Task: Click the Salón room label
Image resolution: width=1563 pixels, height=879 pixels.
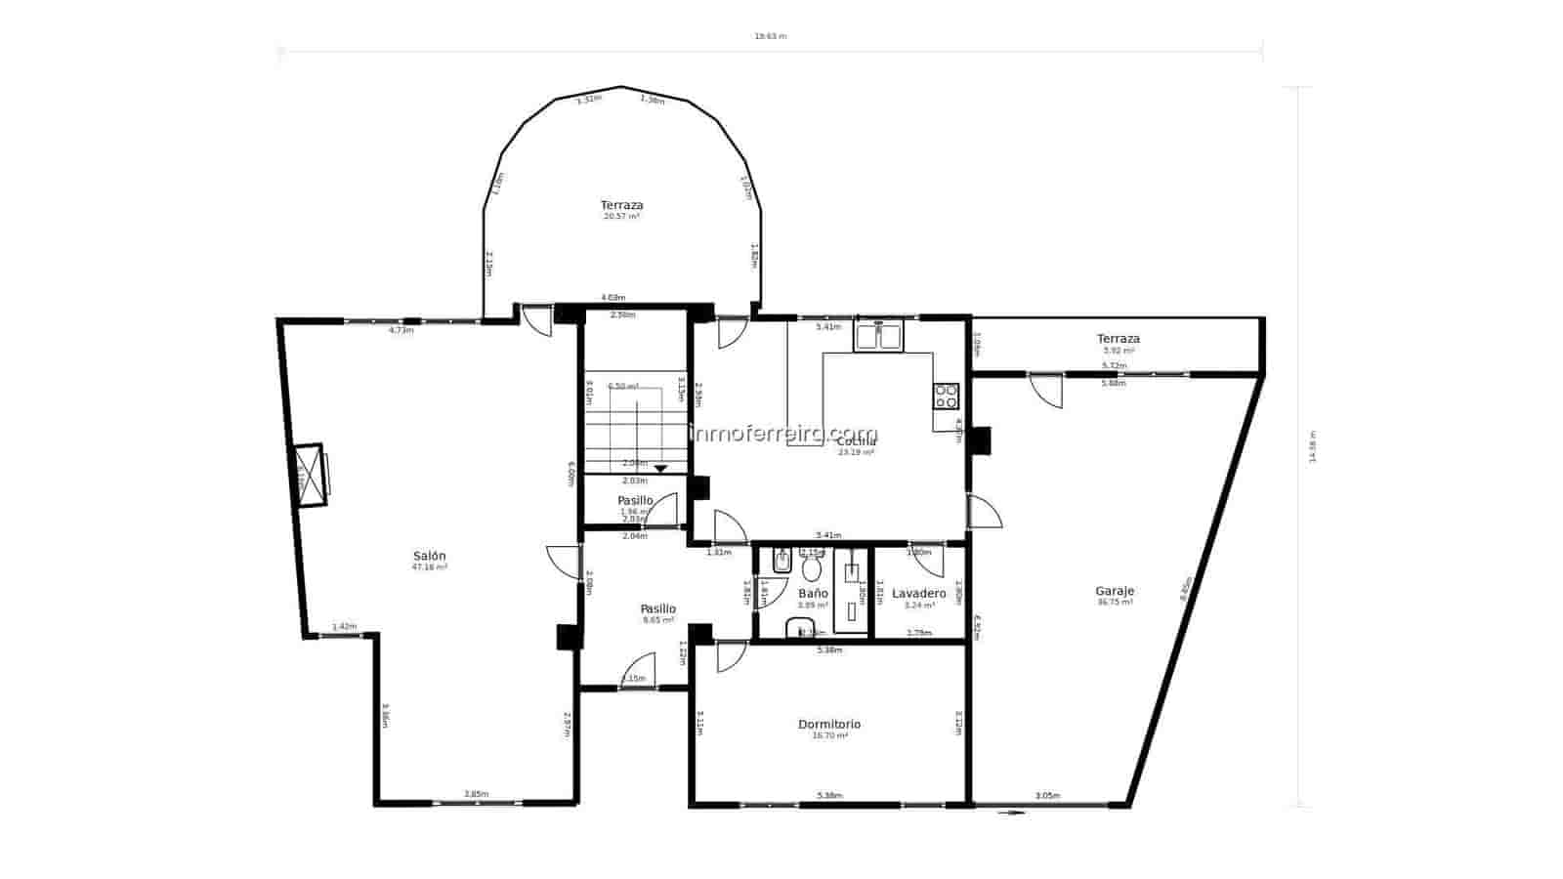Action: tap(430, 556)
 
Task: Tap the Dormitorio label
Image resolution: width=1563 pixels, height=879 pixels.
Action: tap(829, 724)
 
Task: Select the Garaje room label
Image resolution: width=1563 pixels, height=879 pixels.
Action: tap(1115, 591)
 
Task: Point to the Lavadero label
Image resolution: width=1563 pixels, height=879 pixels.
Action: tap(919, 593)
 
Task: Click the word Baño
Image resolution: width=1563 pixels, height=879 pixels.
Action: tap(813, 593)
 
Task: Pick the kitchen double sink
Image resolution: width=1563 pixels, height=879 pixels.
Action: tap(879, 336)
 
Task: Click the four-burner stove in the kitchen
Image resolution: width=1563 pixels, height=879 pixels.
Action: tap(947, 396)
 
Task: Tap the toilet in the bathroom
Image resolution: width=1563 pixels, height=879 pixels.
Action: tap(811, 567)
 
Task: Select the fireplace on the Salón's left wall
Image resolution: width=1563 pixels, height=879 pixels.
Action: tap(310, 475)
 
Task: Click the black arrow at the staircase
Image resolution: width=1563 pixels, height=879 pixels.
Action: tap(660, 469)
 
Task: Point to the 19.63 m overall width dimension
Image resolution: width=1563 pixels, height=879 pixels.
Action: tap(770, 36)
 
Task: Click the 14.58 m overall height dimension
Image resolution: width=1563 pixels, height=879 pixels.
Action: tap(1313, 447)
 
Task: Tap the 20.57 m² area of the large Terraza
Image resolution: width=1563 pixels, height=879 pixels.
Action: tap(621, 216)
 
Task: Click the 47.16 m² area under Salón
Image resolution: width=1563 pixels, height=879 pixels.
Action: tap(430, 566)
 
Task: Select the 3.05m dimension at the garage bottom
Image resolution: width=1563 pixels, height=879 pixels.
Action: tap(1047, 796)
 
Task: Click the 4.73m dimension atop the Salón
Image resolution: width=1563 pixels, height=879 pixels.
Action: tap(401, 330)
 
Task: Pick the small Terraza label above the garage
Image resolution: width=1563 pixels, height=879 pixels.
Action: tap(1119, 339)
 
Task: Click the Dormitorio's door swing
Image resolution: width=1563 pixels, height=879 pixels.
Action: tap(730, 656)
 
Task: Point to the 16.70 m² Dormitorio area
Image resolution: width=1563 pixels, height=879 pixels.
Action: tap(829, 735)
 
